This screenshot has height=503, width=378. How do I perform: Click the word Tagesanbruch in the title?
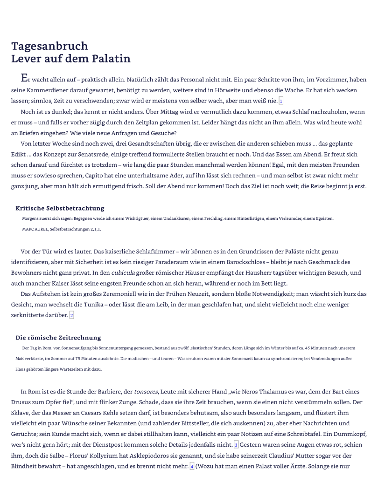tap(49, 46)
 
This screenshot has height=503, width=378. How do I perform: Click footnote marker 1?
tap(281, 101)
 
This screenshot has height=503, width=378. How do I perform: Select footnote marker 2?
tap(71, 316)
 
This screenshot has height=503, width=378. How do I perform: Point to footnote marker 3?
tap(236, 445)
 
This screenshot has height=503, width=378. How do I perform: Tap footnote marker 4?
tap(192, 467)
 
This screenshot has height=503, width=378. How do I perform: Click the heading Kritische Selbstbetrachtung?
tap(60, 208)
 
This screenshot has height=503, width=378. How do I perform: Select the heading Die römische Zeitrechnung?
tap(58, 338)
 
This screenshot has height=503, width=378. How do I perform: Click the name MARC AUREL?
tap(35, 229)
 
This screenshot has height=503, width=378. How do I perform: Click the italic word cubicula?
tap(123, 273)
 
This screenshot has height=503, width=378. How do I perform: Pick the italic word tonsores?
tap(146, 392)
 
